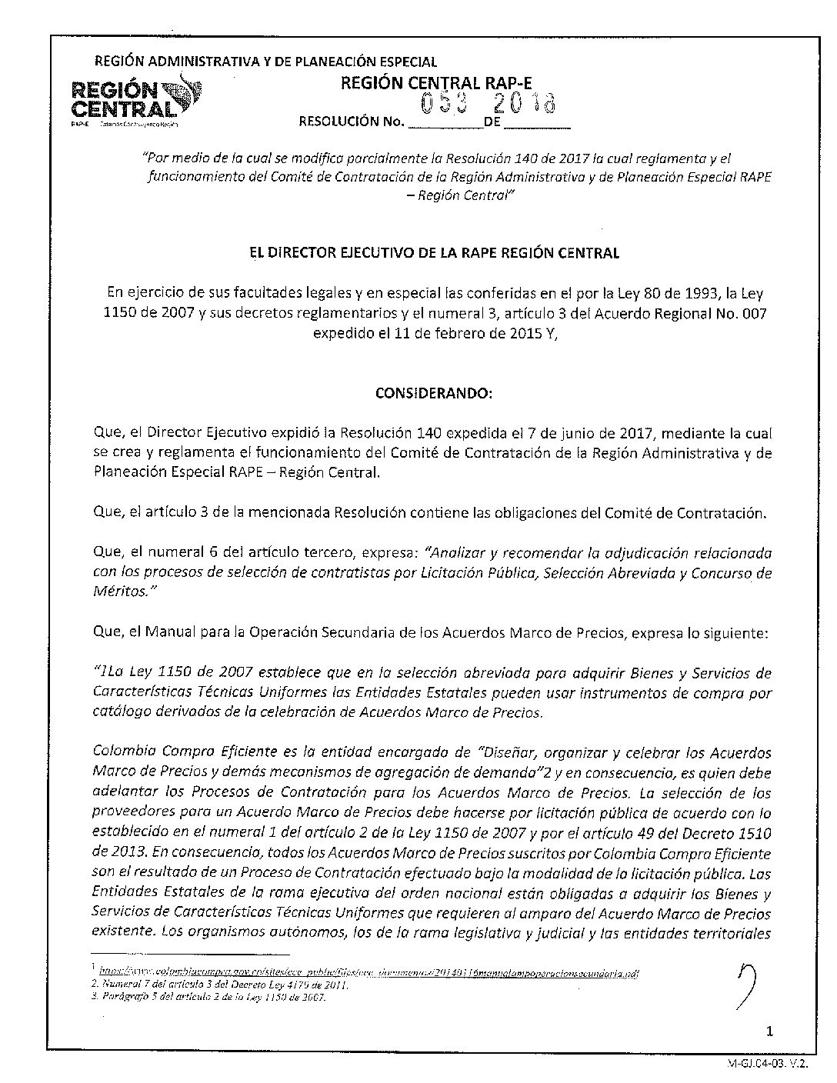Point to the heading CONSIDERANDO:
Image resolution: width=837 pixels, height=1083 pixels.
tap(433, 393)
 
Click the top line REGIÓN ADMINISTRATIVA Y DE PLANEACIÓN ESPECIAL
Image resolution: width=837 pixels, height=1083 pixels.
tap(265, 62)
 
